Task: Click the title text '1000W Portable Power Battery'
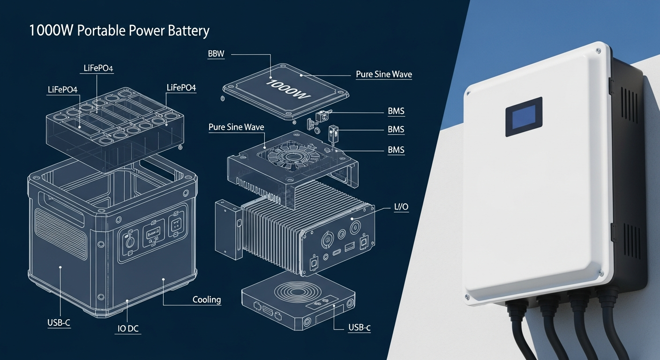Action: [119, 31]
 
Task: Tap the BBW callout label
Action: [216, 54]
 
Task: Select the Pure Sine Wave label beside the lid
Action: [383, 75]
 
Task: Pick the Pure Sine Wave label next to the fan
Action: [236, 127]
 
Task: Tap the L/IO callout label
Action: [399, 207]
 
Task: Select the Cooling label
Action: [206, 300]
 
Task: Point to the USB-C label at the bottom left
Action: [59, 323]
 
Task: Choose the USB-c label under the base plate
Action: [359, 328]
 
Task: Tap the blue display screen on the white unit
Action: [524, 117]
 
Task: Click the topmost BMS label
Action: [396, 112]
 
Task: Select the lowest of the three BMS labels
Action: [396, 150]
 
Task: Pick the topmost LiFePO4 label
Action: [98, 68]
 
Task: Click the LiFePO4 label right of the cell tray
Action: [181, 88]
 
